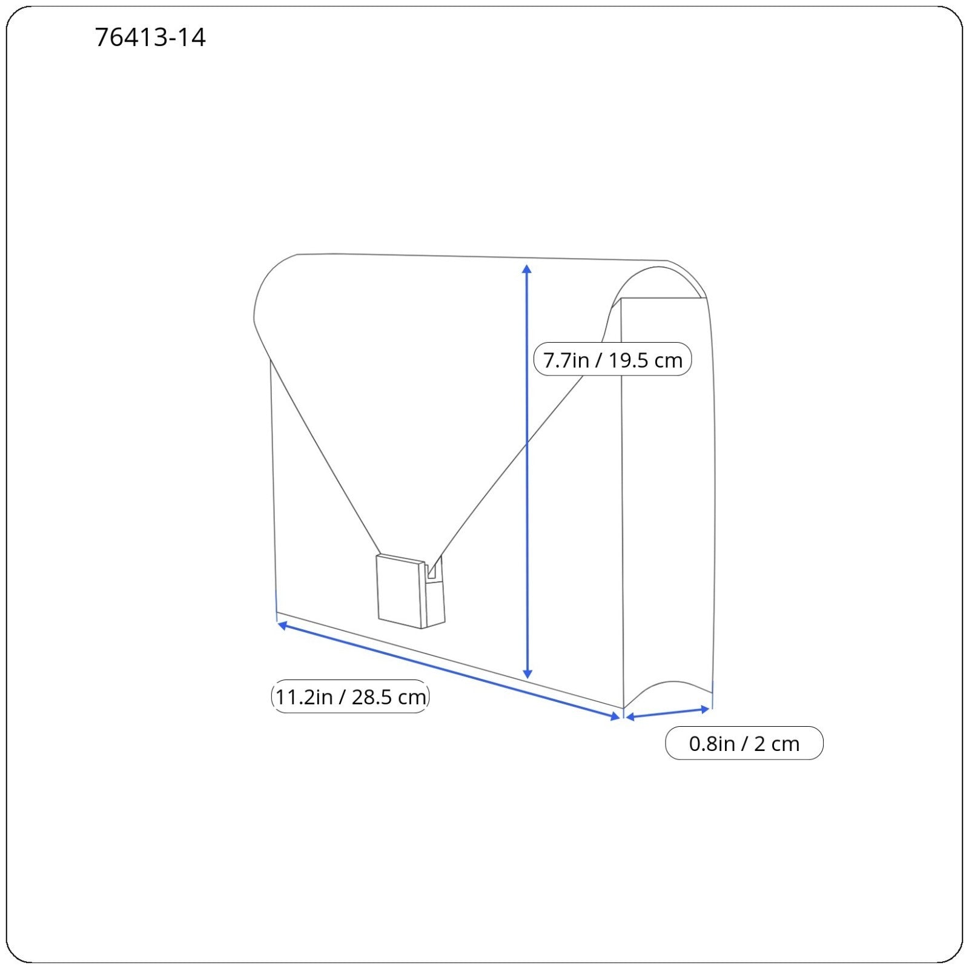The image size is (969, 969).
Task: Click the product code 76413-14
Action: click(150, 38)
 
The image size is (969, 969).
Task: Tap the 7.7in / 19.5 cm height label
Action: click(612, 360)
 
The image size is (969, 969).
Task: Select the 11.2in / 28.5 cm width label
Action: click(350, 696)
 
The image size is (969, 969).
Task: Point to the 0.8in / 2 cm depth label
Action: click(744, 743)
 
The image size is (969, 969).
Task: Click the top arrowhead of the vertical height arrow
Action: click(527, 269)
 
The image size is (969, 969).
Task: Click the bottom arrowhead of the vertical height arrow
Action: click(527, 673)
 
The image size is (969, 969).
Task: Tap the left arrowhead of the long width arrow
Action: click(282, 624)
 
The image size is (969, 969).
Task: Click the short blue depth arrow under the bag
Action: click(667, 713)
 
